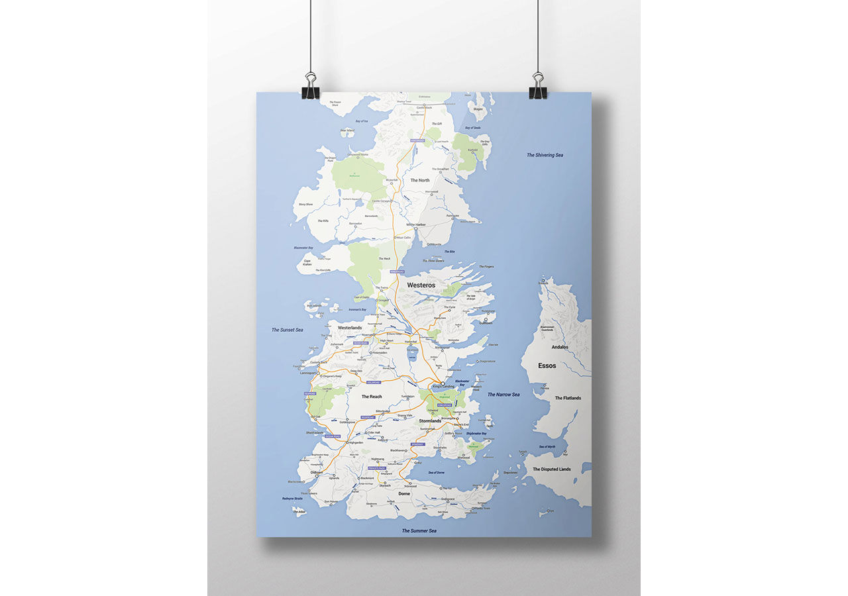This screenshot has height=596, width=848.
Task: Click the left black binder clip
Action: click(x=310, y=88)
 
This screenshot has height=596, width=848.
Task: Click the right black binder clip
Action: click(x=538, y=87)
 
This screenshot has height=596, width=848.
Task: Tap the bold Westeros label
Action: click(x=421, y=285)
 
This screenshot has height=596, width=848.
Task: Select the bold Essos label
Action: click(x=547, y=366)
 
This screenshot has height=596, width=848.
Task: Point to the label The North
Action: click(x=419, y=180)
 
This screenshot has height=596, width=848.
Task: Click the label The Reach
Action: click(x=372, y=397)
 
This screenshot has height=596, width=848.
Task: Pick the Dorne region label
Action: click(x=404, y=494)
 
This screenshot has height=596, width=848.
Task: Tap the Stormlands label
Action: click(x=430, y=421)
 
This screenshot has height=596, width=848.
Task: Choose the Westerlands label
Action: click(x=350, y=328)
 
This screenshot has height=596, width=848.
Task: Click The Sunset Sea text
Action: click(x=287, y=330)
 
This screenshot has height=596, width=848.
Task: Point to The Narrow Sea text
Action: click(x=503, y=395)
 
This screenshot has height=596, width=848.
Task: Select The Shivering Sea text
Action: click(x=545, y=155)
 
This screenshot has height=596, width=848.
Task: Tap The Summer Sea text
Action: click(x=419, y=531)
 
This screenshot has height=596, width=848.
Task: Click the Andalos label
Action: click(x=560, y=347)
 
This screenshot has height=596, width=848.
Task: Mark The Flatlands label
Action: click(x=568, y=398)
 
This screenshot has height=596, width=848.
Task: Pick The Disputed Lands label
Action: click(x=552, y=470)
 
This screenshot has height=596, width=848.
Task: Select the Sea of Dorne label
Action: click(x=437, y=472)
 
